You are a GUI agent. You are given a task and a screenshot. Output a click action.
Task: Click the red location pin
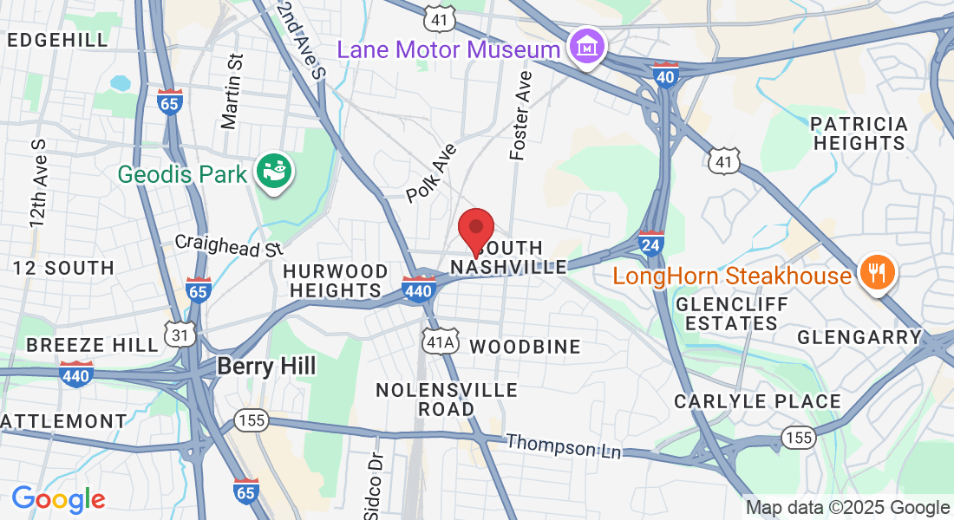(475, 230)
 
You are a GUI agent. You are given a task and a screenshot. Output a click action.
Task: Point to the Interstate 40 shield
(665, 75)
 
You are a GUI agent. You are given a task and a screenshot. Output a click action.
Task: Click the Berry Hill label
(265, 366)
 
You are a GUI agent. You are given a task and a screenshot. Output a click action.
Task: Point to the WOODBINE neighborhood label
(525, 347)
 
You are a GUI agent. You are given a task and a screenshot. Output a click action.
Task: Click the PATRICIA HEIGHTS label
(860, 133)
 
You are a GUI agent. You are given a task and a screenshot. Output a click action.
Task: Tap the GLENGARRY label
(859, 336)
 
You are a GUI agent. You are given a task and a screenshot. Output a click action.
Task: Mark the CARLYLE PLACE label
(758, 401)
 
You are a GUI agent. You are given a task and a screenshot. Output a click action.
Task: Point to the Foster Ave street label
(520, 115)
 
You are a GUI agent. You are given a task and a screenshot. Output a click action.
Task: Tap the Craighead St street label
(229, 245)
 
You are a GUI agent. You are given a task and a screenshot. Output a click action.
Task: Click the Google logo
(58, 498)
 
